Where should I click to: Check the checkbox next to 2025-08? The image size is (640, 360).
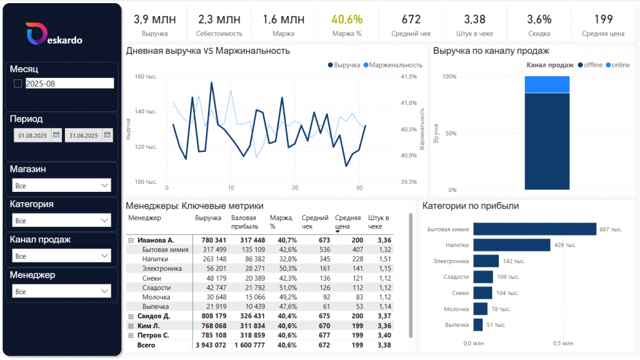(x=17, y=83)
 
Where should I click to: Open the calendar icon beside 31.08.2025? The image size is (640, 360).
(x=107, y=134)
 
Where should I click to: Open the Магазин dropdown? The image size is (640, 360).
(x=61, y=186)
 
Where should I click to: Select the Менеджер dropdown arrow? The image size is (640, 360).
(x=104, y=291)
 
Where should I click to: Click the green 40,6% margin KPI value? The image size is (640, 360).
(x=347, y=19)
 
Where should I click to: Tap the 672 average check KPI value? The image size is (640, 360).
(x=411, y=19)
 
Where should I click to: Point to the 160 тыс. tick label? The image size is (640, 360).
(x=146, y=77)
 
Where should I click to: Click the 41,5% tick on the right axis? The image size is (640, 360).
(x=409, y=77)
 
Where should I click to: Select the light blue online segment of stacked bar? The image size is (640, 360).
(x=547, y=84)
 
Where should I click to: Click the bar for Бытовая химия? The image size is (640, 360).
(x=534, y=229)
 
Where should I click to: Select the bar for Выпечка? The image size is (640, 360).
(x=478, y=325)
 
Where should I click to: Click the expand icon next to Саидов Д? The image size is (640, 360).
(x=131, y=316)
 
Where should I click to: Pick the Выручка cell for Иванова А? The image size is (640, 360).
(x=210, y=240)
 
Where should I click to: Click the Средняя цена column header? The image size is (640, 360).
(x=347, y=222)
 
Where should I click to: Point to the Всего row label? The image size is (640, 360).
(x=146, y=345)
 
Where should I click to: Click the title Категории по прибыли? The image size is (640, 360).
(x=471, y=206)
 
